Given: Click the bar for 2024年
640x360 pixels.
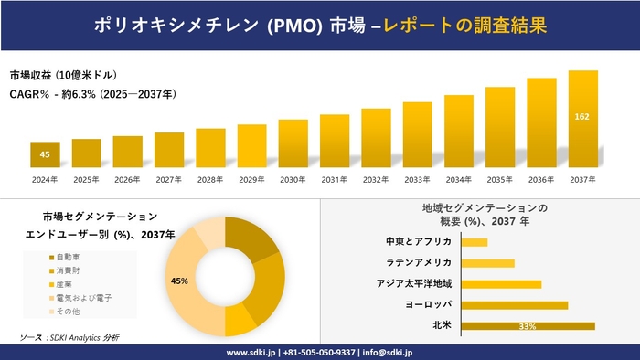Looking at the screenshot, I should coord(45,155).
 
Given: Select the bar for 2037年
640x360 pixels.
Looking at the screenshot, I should coord(582,120).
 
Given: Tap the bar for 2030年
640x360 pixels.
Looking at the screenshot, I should coord(293,143).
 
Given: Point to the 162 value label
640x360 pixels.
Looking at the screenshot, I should coord(582,117).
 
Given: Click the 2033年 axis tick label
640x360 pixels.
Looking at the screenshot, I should coord(417,180).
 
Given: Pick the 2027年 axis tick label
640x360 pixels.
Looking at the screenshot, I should coord(168,180).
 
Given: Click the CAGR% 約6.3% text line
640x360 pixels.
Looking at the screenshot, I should coord(93,93).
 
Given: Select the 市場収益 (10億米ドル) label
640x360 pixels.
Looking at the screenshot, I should coord(63,75).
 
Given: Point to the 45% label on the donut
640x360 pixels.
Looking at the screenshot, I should coord(179,281).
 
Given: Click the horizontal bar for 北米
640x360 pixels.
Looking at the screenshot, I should coord(528,325).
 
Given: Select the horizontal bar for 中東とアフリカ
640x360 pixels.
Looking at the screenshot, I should coord(475,242).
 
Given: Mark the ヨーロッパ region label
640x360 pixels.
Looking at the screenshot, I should coord(427,304).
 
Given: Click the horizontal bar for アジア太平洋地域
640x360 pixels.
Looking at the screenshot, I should coord(501,283).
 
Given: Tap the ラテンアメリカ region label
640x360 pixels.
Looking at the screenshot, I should coord(419,262).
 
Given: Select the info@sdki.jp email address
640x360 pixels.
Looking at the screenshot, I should coord(388,352).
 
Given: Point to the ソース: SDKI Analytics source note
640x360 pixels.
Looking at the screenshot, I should coord(69,338).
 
